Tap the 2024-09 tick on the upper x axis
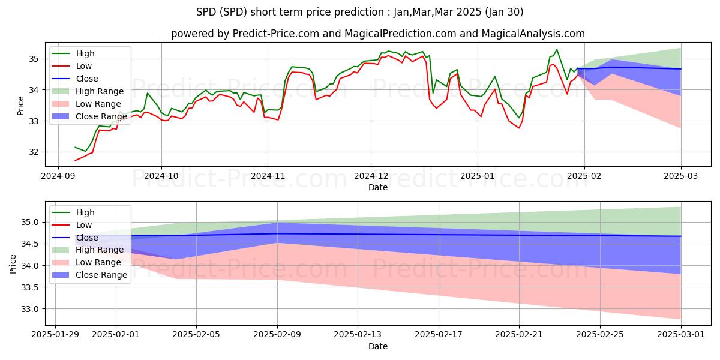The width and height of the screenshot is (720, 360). pos(58,177)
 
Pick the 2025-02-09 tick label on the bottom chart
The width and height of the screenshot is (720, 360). pos(277,336)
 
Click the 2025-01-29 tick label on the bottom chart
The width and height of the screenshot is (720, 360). pos(55,336)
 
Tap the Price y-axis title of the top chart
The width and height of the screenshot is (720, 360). pos(21,106)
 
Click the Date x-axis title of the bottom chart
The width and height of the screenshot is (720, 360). pos(378,346)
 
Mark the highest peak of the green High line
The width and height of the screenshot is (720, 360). pos(556,49)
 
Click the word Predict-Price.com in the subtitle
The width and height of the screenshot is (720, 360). pos(266,34)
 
